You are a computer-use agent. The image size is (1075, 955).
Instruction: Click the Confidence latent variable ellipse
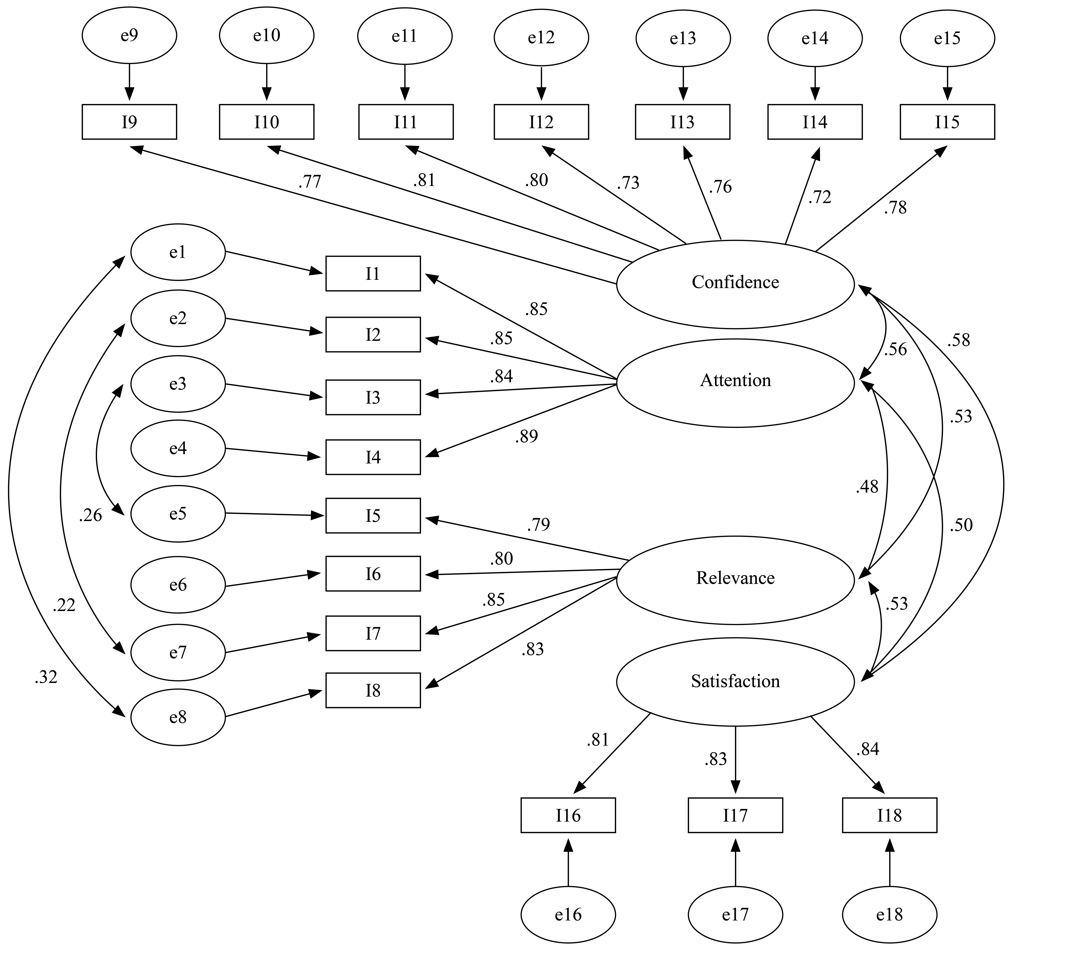pos(735,284)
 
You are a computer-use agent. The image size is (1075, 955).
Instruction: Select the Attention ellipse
pos(735,383)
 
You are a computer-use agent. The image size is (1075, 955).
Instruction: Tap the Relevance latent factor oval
pos(735,580)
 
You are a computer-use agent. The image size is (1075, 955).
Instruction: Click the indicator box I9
pos(129,122)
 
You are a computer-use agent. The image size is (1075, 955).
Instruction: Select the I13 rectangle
pos(683,122)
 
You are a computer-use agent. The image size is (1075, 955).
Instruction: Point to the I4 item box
pos(373,457)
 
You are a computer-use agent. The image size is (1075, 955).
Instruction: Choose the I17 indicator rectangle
pos(735,815)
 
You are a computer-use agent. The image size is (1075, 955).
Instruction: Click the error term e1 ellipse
pos(178,252)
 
